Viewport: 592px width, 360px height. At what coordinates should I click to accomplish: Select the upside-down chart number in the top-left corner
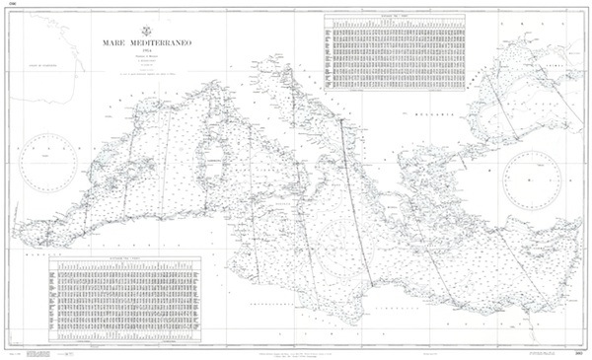(x=14, y=6)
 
